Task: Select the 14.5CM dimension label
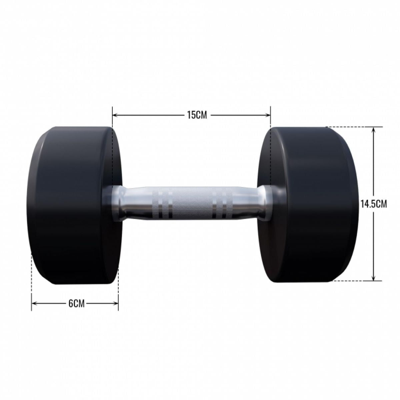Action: [x=373, y=204]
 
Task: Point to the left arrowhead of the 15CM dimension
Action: [x=115, y=115]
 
